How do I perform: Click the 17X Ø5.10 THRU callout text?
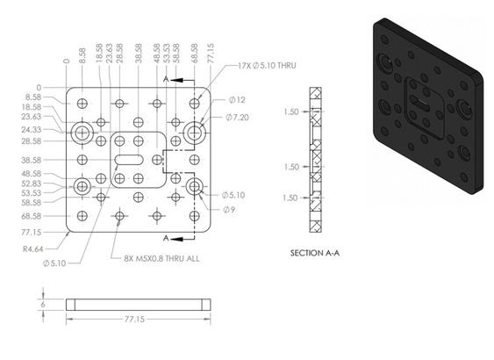pyautogui.click(x=267, y=66)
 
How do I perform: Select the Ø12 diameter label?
pyautogui.click(x=237, y=100)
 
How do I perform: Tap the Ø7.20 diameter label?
pyautogui.click(x=237, y=118)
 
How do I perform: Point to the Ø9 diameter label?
pyautogui.click(x=229, y=210)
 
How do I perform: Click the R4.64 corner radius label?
pyautogui.click(x=32, y=249)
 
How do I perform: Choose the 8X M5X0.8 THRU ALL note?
pyautogui.click(x=161, y=259)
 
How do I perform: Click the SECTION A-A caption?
pyautogui.click(x=315, y=253)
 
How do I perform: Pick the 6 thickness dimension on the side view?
pyautogui.click(x=43, y=304)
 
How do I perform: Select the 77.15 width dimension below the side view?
pyautogui.click(x=134, y=320)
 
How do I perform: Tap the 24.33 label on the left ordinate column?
pyautogui.click(x=32, y=130)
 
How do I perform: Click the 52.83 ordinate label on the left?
pyautogui.click(x=32, y=184)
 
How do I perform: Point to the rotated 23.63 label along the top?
pyautogui.click(x=110, y=54)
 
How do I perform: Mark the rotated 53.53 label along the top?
pyautogui.click(x=167, y=54)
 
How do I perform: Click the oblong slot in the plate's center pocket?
pyautogui.click(x=129, y=160)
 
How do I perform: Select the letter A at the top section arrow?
pyautogui.click(x=166, y=79)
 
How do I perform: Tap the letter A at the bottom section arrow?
pyautogui.click(x=166, y=238)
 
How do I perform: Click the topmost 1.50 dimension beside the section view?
pyautogui.click(x=290, y=112)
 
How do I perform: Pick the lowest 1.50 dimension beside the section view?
pyautogui.click(x=290, y=198)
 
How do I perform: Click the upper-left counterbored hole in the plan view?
pyautogui.click(x=82, y=133)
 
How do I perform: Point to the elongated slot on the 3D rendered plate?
pyautogui.click(x=419, y=104)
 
